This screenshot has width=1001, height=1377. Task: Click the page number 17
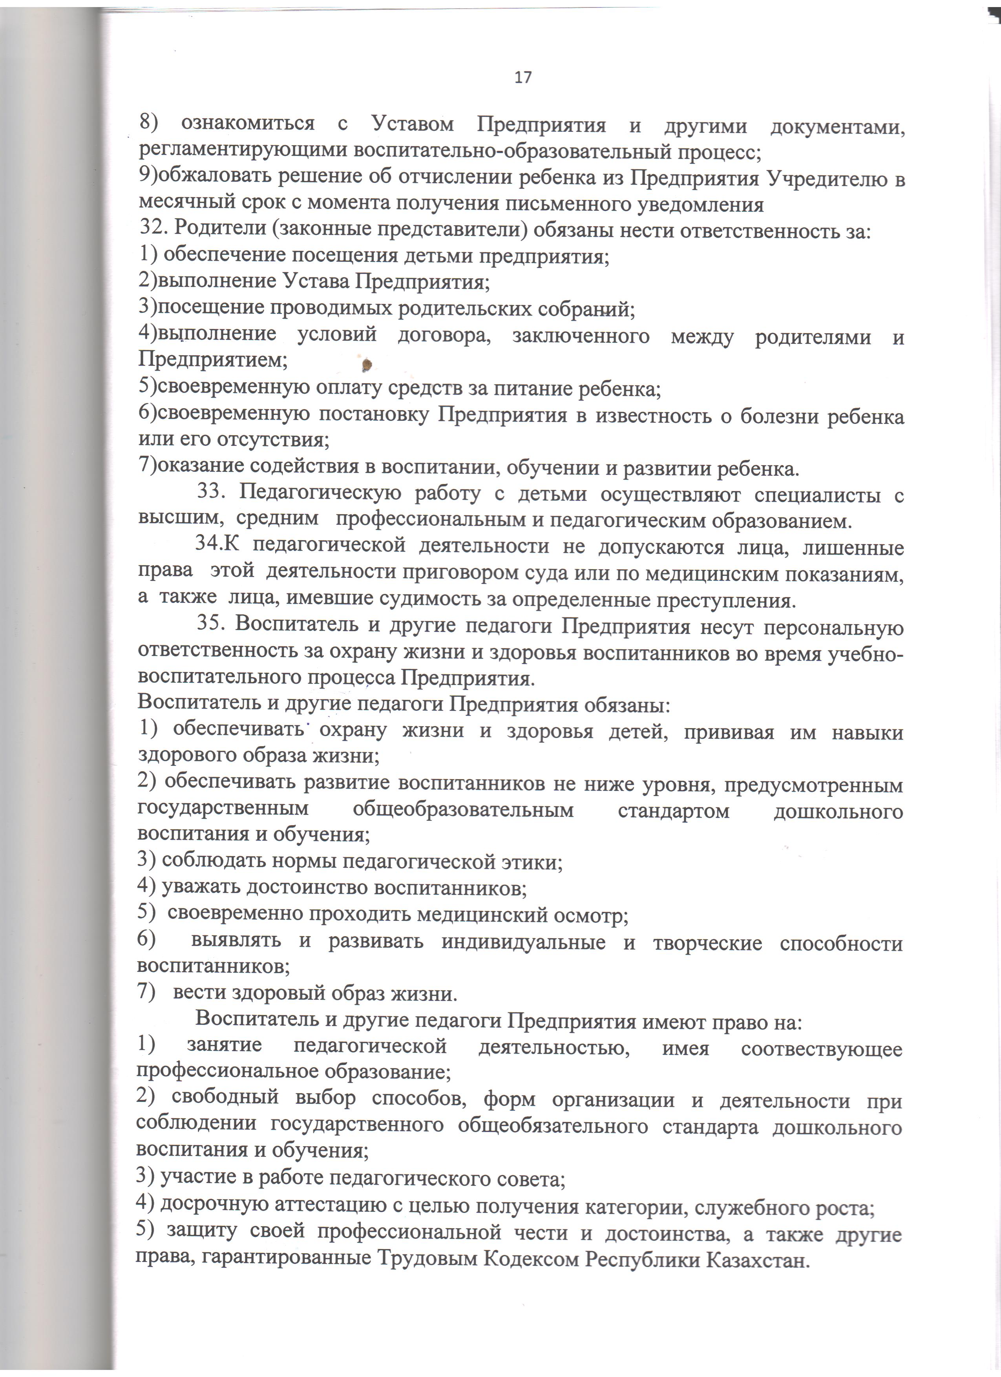coord(522,78)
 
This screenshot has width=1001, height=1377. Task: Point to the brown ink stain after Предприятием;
coord(366,365)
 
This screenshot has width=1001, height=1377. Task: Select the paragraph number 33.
coord(212,495)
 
